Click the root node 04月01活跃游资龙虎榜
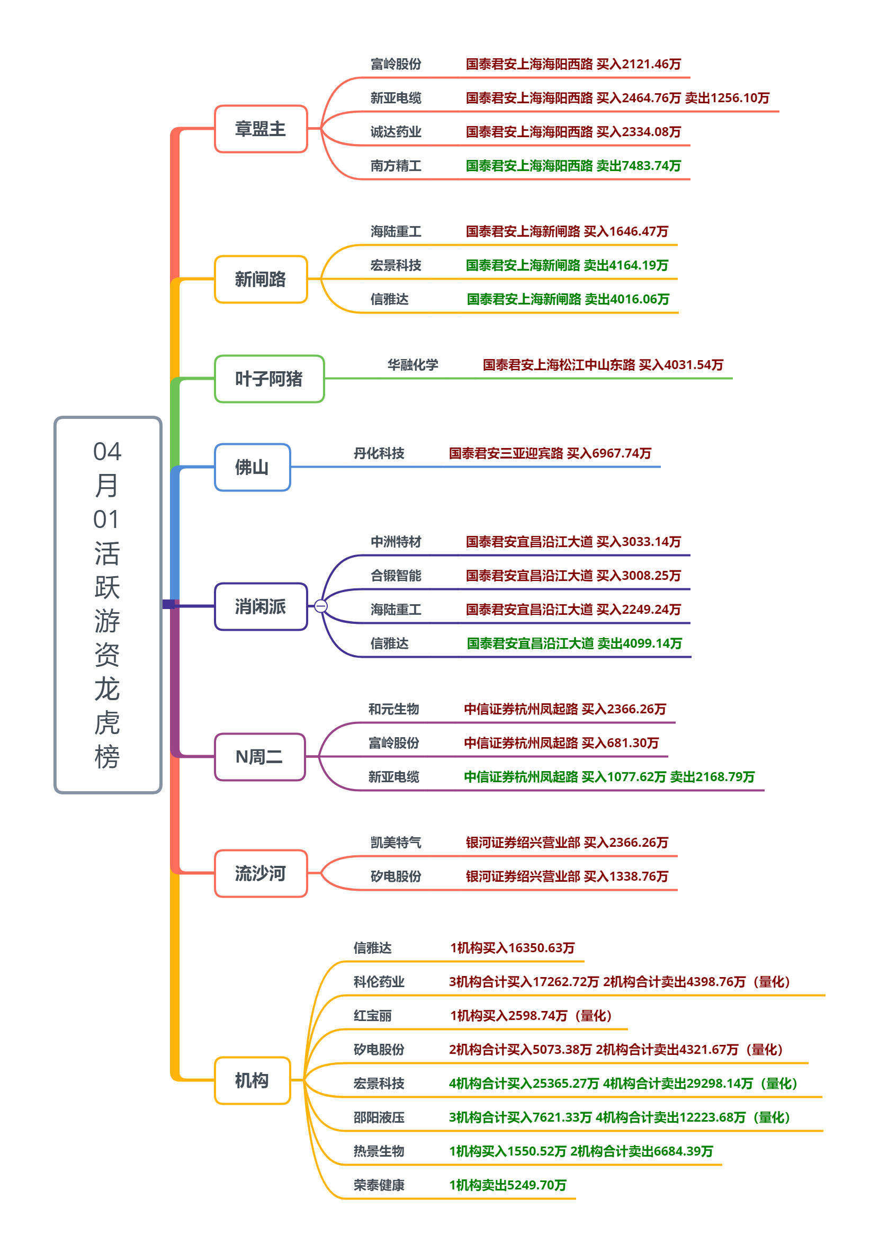(107, 604)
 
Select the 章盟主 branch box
(261, 129)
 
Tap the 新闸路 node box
(261, 279)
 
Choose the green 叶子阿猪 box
(269, 379)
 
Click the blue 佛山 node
(252, 467)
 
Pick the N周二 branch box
(259, 756)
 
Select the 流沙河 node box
(261, 873)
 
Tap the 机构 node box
(252, 1080)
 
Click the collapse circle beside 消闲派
(321, 606)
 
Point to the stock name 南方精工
(396, 165)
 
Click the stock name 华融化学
(412, 364)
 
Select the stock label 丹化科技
(379, 453)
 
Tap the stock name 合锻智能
(396, 575)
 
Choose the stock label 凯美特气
(396, 842)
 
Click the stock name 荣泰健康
(379, 1185)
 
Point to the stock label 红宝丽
(372, 1015)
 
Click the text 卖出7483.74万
(639, 165)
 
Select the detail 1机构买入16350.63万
(512, 947)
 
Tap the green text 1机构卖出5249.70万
(507, 1185)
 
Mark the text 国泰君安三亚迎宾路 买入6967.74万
(550, 453)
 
